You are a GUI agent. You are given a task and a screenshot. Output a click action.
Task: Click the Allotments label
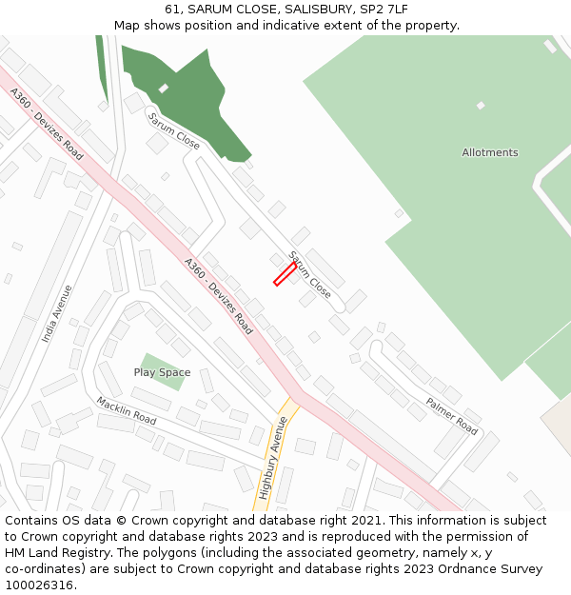click(489, 152)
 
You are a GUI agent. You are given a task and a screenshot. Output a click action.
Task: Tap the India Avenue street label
click(56, 314)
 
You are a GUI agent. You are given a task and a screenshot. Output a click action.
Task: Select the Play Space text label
click(162, 372)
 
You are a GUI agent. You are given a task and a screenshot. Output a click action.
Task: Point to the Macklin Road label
click(126, 411)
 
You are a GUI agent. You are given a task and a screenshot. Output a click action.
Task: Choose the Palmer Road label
click(451, 416)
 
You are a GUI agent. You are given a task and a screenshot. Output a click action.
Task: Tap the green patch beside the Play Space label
click(152, 360)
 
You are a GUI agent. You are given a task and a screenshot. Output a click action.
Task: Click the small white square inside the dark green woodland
click(164, 89)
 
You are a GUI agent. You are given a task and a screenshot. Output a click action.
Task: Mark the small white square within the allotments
click(481, 106)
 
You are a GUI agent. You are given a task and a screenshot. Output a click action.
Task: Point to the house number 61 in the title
click(172, 10)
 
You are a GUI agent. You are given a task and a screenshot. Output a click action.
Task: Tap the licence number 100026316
click(39, 585)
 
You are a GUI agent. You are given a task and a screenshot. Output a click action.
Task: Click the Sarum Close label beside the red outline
click(309, 274)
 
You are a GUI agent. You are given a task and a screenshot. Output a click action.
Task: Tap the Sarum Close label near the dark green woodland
click(173, 129)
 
